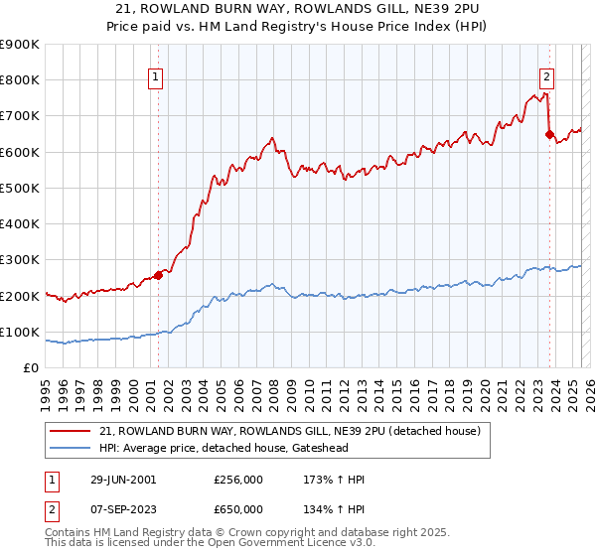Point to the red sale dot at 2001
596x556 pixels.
tap(158, 276)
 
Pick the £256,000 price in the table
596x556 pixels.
tap(238, 480)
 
